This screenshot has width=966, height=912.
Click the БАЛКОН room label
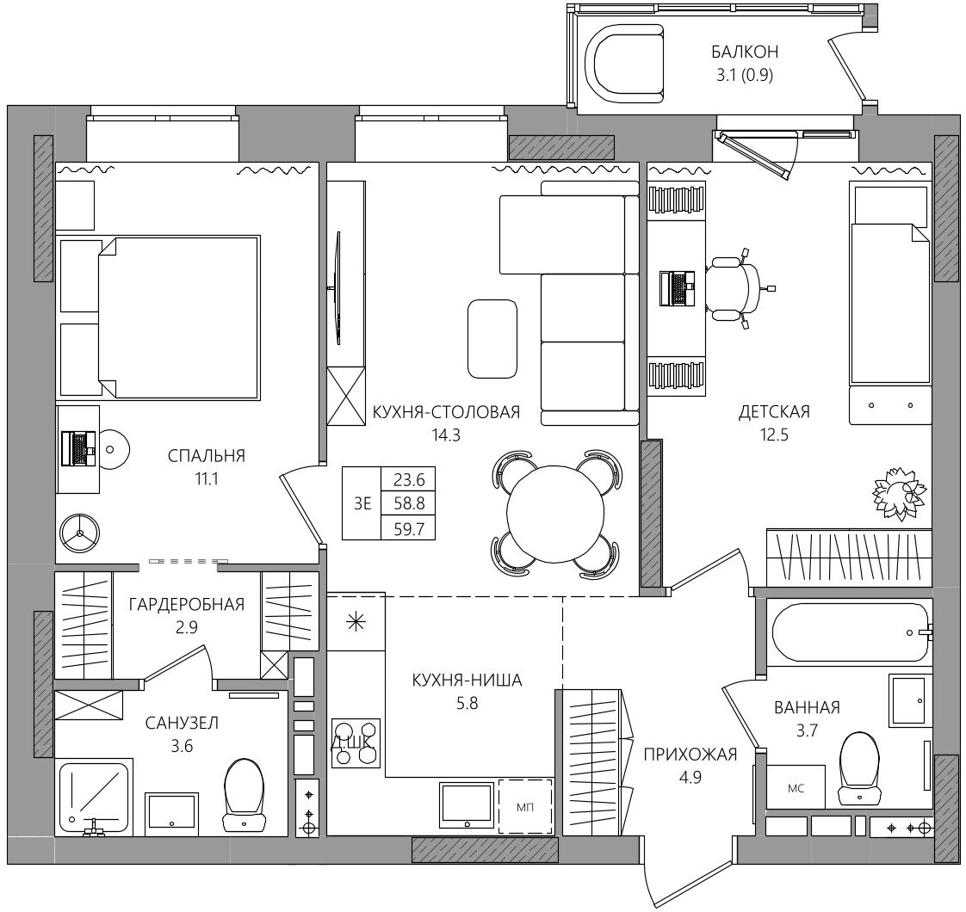click(744, 52)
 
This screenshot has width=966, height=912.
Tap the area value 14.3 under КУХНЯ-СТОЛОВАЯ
click(446, 435)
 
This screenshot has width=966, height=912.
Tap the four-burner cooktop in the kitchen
click(356, 743)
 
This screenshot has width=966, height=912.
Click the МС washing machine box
click(796, 787)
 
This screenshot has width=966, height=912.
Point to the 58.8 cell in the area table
click(409, 503)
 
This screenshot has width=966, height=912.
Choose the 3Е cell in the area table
click(362, 503)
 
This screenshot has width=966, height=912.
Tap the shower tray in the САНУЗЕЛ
click(94, 797)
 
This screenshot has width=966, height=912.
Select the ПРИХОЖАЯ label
click(690, 754)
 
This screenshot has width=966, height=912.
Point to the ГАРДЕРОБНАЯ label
click(187, 604)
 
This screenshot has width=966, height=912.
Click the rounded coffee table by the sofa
click(492, 339)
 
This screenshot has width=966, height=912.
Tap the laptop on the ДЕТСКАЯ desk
click(677, 288)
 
